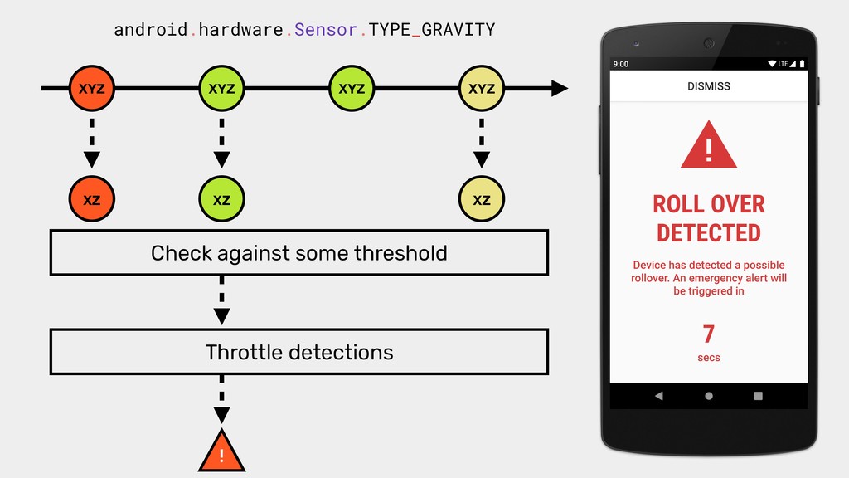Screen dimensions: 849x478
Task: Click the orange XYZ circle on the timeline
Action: [91, 88]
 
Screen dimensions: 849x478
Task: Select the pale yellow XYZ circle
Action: [482, 88]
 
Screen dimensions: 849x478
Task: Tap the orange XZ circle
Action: [91, 199]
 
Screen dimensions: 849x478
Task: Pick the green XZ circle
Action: [221, 199]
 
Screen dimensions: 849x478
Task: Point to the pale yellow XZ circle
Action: [482, 199]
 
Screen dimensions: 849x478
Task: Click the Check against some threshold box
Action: [298, 252]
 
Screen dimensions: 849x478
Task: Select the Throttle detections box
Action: [298, 352]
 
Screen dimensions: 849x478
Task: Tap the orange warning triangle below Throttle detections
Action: [221, 451]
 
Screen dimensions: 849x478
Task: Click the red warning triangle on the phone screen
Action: [708, 145]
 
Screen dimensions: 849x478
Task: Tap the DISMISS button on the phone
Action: [708, 86]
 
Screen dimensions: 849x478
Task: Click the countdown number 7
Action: [708, 334]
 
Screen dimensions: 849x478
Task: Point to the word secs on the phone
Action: [708, 358]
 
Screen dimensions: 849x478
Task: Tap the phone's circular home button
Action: [708, 396]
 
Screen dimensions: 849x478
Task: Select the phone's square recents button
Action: [758, 396]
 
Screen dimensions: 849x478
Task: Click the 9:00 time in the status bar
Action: [620, 64]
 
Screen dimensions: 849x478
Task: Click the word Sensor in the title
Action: [325, 29]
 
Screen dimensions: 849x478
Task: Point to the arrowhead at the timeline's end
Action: [560, 88]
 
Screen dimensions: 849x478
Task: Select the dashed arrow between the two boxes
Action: [221, 300]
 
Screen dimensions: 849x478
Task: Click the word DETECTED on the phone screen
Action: [708, 233]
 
